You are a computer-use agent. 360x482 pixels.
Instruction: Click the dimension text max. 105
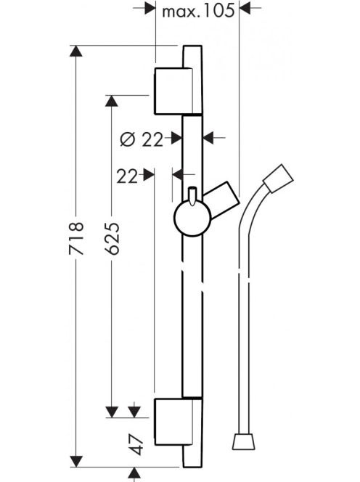pyautogui.click(x=198, y=12)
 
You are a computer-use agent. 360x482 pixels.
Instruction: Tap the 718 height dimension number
pyautogui.click(x=76, y=238)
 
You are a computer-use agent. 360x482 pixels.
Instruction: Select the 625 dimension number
pyautogui.click(x=112, y=238)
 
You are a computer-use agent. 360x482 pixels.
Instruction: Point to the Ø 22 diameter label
pyautogui.click(x=142, y=140)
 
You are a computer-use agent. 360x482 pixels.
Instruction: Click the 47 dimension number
pyautogui.click(x=136, y=444)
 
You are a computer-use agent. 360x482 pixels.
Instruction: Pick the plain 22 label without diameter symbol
pyautogui.click(x=127, y=176)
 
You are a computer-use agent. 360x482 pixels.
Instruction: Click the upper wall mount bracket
pyautogui.click(x=173, y=91)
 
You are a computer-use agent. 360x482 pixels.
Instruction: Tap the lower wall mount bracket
pyautogui.click(x=174, y=422)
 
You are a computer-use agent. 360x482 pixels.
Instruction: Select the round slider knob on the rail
pyautogui.click(x=192, y=218)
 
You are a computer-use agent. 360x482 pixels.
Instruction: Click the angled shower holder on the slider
pyautogui.click(x=222, y=200)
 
